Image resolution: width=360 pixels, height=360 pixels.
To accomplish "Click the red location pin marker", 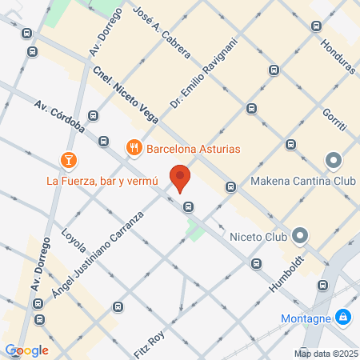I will coord(180,178).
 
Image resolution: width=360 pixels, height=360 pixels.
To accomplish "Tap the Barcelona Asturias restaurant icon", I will coord(134,147).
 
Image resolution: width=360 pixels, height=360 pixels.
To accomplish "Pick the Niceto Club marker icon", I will coord(300,235).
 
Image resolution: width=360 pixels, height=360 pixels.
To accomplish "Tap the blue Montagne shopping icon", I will coord(342,318).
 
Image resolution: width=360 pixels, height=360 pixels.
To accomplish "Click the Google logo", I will coord(26,350).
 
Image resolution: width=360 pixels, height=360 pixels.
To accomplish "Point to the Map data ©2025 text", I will coord(325,353).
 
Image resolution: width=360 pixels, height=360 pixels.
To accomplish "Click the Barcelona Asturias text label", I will coord(193,147).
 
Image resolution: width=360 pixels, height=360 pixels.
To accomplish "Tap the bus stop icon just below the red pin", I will coord(188,206).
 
